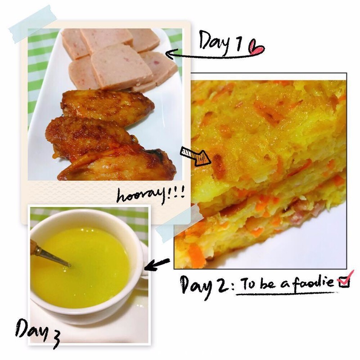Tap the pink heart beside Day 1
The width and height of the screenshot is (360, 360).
(x=256, y=48)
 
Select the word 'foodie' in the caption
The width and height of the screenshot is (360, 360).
(x=313, y=283)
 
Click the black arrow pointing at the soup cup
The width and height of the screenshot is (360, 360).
(x=157, y=265)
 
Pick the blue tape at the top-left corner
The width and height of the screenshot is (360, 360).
(x=32, y=24)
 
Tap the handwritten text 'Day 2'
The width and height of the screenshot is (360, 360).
(x=204, y=286)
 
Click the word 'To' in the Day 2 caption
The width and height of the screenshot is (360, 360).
(x=247, y=284)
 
